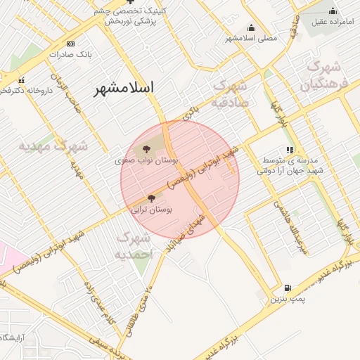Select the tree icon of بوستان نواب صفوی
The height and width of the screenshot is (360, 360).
146,149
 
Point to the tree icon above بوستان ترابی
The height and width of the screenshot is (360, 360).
151,198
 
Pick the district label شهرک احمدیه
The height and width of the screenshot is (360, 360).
133,245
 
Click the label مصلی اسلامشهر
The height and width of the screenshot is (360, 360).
251,37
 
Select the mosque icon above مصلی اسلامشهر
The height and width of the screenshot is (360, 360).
252,27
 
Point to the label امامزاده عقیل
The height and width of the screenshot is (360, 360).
332,22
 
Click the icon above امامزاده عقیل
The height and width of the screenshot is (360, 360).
333,11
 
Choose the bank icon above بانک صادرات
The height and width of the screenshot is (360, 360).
70,44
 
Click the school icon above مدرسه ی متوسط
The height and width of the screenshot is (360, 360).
290,149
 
